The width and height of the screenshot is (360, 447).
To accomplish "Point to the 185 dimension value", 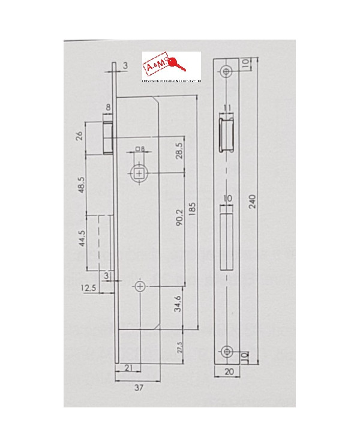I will click(191, 212).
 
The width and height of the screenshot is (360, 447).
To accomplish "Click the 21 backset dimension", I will click(128, 367).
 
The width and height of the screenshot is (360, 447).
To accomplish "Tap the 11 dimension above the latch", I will click(226, 109).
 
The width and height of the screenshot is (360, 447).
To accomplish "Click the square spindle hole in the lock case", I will click(140, 174).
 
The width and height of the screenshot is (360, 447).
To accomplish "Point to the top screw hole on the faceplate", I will click(226, 71).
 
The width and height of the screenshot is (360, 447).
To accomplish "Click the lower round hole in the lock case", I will click(140, 287).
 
